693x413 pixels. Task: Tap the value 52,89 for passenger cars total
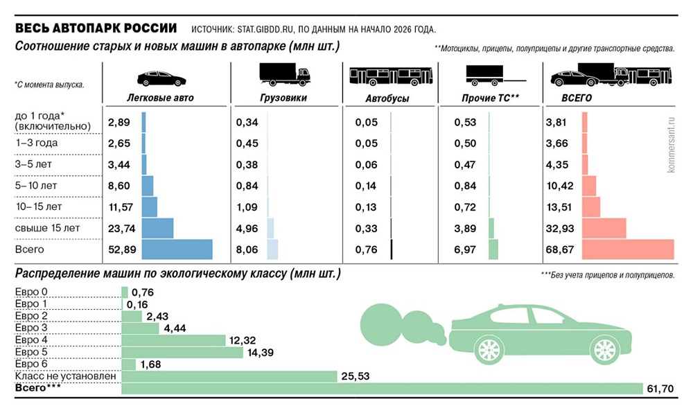tap(120, 250)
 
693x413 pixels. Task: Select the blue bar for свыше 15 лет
tap(157, 228)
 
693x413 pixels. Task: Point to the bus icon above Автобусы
tap(389, 76)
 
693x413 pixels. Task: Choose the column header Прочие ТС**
tap(490, 98)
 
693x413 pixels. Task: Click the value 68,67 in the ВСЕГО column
tap(559, 250)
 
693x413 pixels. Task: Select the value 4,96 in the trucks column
tap(247, 228)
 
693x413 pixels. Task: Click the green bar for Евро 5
tap(182, 352)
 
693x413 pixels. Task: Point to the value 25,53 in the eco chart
tap(353, 376)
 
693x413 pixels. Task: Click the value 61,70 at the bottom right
tap(660, 389)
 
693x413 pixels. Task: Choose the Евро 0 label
tap(32, 292)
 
